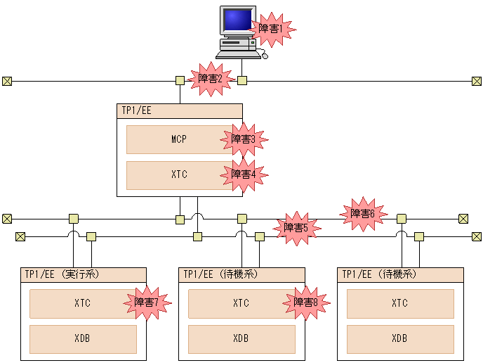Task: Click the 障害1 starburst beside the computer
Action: pyautogui.click(x=271, y=30)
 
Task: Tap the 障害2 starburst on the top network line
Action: pyautogui.click(x=211, y=79)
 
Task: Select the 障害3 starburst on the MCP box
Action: pyautogui.click(x=244, y=139)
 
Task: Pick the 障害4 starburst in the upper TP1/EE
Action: pyautogui.click(x=244, y=174)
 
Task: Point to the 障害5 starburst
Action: pyautogui.click(x=297, y=229)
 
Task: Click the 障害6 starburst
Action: pyautogui.click(x=364, y=214)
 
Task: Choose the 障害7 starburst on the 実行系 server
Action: pyautogui.click(x=147, y=302)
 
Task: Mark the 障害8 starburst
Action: pyautogui.click(x=306, y=302)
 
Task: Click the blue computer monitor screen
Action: pyautogui.click(x=238, y=20)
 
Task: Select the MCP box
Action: pyautogui.click(x=180, y=139)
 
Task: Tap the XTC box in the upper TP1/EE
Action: pyautogui.click(x=180, y=175)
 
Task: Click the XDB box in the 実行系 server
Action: pyautogui.click(x=83, y=339)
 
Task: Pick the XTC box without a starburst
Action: pyautogui.click(x=400, y=304)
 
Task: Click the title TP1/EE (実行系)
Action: pyautogui.click(x=62, y=274)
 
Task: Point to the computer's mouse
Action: pyautogui.click(x=265, y=56)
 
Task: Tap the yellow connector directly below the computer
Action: pyautogui.click(x=242, y=81)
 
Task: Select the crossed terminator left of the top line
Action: pyautogui.click(x=7, y=81)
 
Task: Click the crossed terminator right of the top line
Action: pyautogui.click(x=477, y=81)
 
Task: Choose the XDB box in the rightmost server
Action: pyautogui.click(x=400, y=339)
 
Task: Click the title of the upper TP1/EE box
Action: pyautogui.click(x=136, y=110)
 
